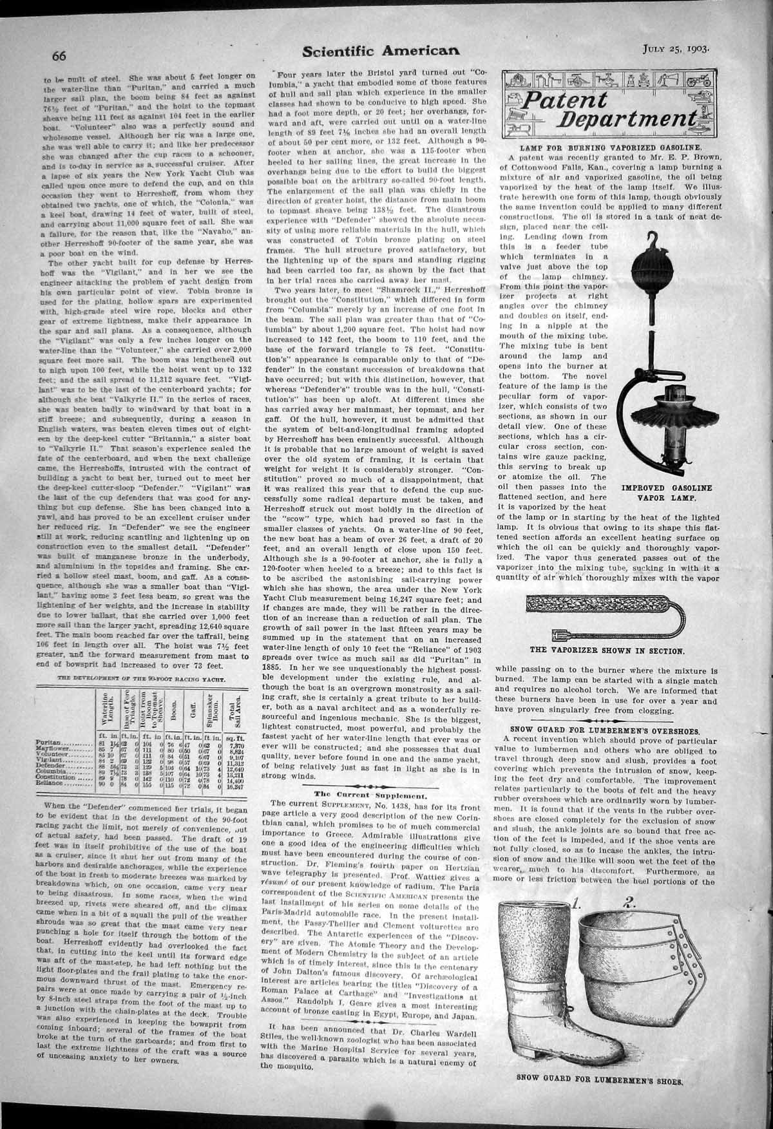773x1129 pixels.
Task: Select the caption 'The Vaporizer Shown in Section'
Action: tap(607, 650)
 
